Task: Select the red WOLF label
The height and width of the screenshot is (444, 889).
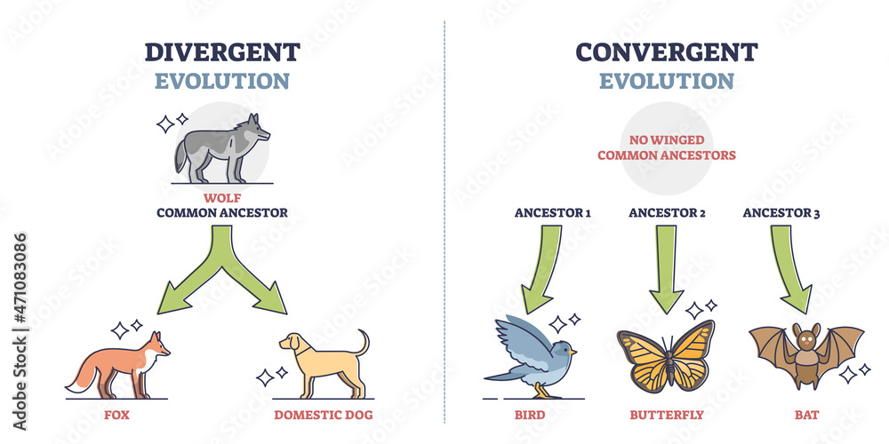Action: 222,197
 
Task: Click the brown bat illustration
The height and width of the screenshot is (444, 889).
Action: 806,353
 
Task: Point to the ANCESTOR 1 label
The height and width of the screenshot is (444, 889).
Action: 553,212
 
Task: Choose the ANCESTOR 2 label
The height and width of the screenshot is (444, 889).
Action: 666,212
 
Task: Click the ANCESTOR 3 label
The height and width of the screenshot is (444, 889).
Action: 780,212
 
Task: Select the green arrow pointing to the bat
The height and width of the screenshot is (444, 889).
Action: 789,266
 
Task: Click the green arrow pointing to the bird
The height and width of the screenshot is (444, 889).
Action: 543,266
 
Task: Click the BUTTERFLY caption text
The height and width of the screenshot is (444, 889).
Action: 666,414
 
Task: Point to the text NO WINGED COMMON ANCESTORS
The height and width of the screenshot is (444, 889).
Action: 667,147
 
